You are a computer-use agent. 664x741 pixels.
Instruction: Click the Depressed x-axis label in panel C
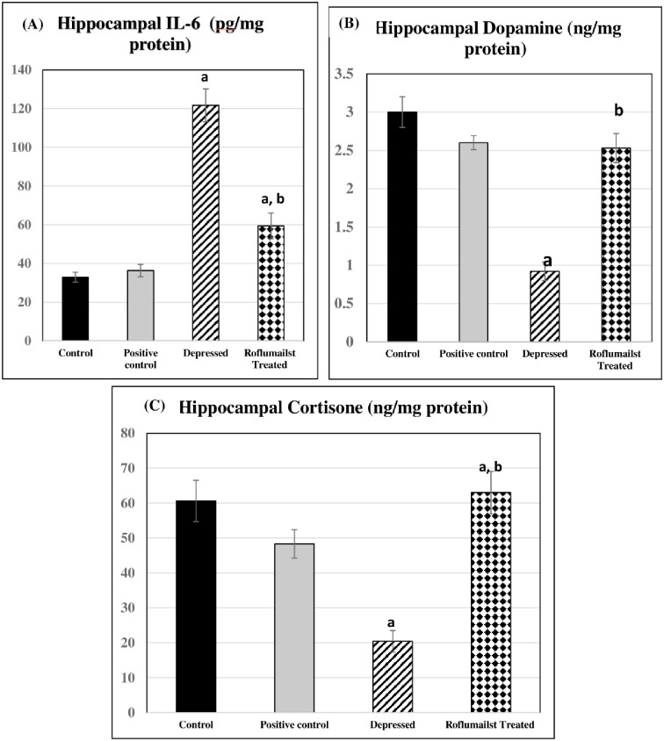[393, 724]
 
